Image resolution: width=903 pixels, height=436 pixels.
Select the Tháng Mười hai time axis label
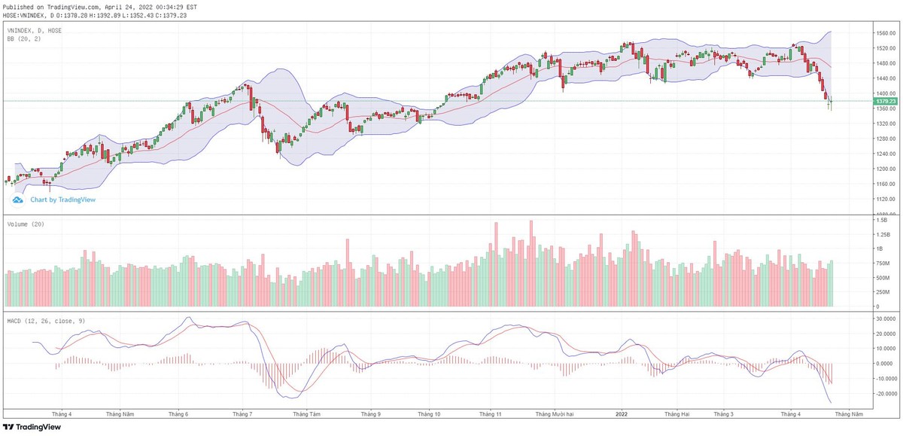coord(554,414)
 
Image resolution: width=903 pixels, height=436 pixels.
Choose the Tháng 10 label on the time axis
coord(429,414)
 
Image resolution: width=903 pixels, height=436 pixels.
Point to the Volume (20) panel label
coord(25,225)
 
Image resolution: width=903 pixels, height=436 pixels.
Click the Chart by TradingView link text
coord(62,200)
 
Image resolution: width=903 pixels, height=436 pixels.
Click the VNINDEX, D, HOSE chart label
coord(35,30)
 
